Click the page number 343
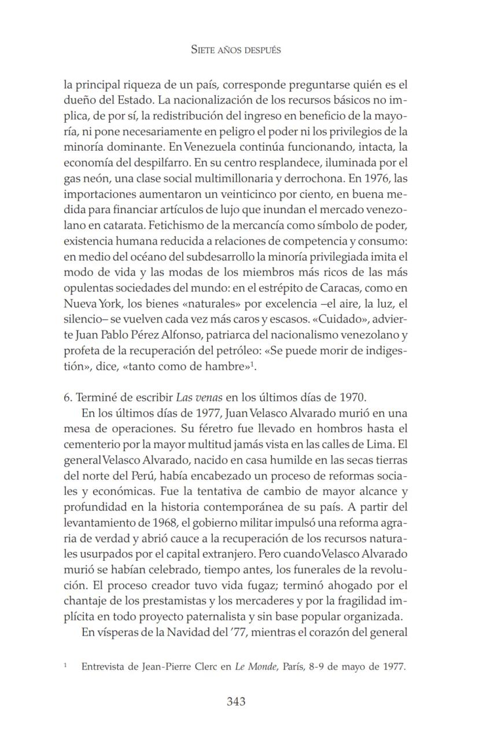click(236, 702)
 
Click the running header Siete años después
click(236, 50)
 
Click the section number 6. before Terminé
click(68, 398)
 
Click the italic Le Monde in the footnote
click(251, 667)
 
